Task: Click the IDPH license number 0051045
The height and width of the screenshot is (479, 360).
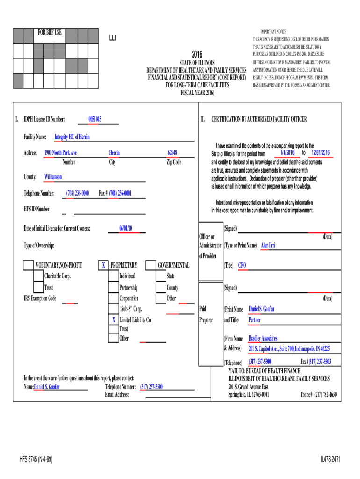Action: pos(95,119)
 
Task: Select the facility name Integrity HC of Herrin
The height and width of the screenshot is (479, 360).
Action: pos(72,137)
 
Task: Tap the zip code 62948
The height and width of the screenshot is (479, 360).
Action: pos(173,153)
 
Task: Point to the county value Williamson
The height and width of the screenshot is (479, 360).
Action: pos(53,177)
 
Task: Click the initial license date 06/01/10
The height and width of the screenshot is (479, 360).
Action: pos(126,228)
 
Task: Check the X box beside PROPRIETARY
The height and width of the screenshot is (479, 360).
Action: pos(103,265)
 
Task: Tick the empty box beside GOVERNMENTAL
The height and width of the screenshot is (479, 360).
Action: pos(151,265)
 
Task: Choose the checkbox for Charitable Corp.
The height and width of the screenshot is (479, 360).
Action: pos(38,276)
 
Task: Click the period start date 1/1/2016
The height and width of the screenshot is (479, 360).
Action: pos(288,153)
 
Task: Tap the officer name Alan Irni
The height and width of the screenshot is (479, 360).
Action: pos(268,245)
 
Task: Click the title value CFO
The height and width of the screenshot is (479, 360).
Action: pos(242,265)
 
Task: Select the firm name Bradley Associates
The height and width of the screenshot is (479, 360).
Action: pos(263,338)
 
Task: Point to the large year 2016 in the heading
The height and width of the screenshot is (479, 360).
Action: pos(196,54)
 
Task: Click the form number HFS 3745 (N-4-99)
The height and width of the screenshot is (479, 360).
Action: pos(36,460)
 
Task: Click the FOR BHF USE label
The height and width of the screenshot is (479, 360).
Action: pos(50,32)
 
